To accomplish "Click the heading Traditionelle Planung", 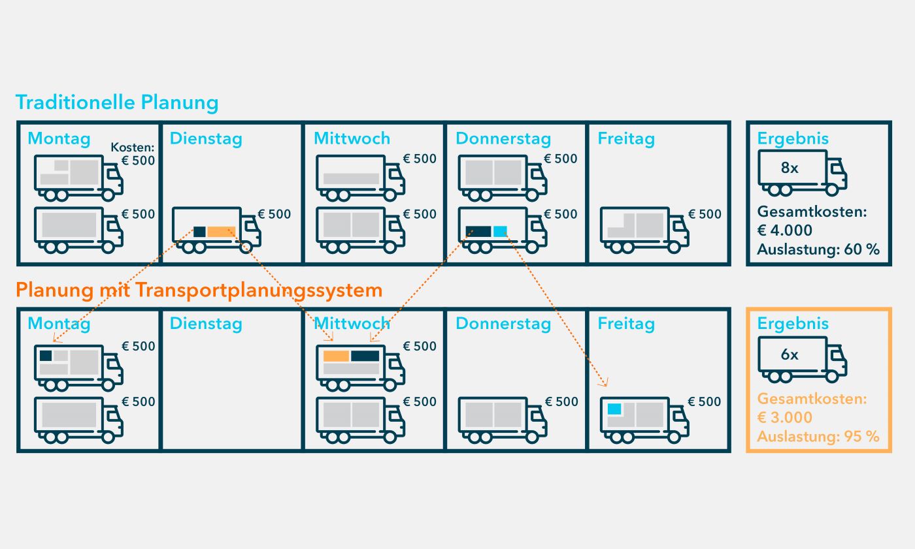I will (x=117, y=103).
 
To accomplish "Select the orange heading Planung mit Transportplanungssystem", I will (x=199, y=290).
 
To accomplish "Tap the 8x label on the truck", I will (x=790, y=168).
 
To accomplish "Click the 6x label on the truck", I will (x=790, y=355).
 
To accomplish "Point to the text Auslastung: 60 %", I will (x=818, y=249).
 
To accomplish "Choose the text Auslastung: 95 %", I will (x=818, y=437).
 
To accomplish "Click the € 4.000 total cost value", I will (x=785, y=230).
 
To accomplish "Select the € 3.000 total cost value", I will (x=785, y=418).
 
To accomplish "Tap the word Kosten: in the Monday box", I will (x=133, y=148).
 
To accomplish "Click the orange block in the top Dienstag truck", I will (x=221, y=232).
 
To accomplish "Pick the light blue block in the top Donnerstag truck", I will (x=500, y=231).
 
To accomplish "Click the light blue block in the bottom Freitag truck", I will (x=614, y=409).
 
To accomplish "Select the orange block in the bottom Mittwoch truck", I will (x=336, y=356).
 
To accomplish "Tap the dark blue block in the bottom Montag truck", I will (x=46, y=356).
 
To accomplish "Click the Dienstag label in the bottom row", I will (x=206, y=324).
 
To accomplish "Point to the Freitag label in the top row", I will (x=625, y=138).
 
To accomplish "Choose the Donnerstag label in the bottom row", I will (x=503, y=324).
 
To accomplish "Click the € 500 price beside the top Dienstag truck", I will (x=274, y=214).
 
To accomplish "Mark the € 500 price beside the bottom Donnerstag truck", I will (x=561, y=402).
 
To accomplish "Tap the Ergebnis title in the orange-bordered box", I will (x=793, y=324).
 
